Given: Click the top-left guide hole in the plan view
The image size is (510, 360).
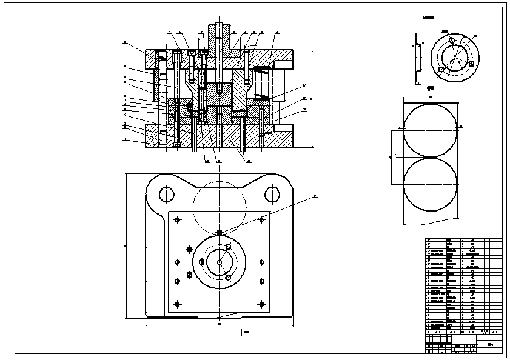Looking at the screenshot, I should (x=166, y=194).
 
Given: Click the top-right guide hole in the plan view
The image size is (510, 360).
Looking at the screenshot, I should (x=271, y=194).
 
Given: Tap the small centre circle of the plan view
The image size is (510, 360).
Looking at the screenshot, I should (x=219, y=262).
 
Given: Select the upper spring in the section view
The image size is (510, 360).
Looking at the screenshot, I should (x=260, y=70).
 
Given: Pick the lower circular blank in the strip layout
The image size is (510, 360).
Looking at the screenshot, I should (x=428, y=185).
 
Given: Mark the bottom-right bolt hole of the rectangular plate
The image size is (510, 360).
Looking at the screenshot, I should (x=261, y=304).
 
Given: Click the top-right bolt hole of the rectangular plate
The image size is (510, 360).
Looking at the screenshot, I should (x=261, y=219).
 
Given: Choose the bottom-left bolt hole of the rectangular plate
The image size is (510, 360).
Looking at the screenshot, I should (x=177, y=304).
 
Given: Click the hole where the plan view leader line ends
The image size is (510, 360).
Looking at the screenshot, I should (x=219, y=232).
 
